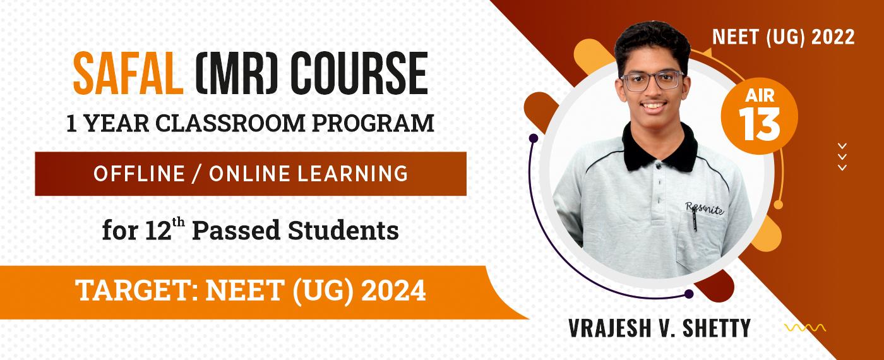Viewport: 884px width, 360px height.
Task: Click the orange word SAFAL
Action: pyautogui.click(x=128, y=74)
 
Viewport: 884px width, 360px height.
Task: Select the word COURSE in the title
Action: pyautogui.click(x=359, y=74)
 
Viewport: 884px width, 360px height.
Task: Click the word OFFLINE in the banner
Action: pyautogui.click(x=139, y=174)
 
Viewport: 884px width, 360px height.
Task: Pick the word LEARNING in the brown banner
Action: pyautogui.click(x=352, y=174)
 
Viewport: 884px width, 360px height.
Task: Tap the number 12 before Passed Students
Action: pyautogui.click(x=158, y=231)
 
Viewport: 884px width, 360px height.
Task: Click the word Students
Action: pyautogui.click(x=343, y=231)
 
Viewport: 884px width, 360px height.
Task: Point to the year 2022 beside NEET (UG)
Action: pyautogui.click(x=833, y=37)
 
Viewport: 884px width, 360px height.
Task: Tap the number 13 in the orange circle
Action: pyautogui.click(x=759, y=124)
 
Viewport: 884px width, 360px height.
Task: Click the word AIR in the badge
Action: pyautogui.click(x=760, y=95)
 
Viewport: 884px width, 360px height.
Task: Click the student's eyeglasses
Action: pyautogui.click(x=652, y=80)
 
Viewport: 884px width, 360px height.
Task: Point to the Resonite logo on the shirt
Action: pyautogui.click(x=705, y=208)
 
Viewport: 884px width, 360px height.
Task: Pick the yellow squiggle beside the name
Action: pyautogui.click(x=805, y=328)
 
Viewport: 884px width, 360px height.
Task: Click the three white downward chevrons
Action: pyautogui.click(x=842, y=157)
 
